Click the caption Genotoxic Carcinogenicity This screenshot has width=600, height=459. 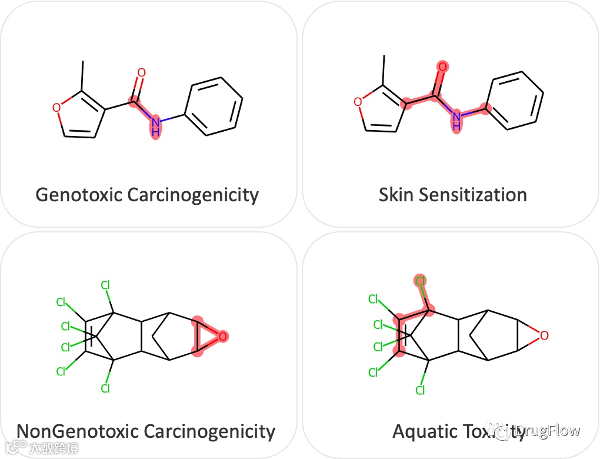coord(147,195)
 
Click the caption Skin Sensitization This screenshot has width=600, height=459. coord(452,195)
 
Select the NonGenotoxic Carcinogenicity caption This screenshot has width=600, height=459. coord(146,431)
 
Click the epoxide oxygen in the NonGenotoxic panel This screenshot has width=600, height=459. coord(222,337)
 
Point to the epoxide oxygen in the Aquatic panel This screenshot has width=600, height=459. coord(544,335)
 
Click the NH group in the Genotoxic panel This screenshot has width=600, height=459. coord(155,127)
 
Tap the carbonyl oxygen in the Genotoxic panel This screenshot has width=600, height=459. coord(141,73)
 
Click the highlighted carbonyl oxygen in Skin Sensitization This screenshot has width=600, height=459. coord(442,66)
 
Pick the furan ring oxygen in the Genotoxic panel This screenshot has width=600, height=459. coord(56,107)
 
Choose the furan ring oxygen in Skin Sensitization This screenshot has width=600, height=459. coord(358,102)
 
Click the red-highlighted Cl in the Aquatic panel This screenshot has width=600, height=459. coord(421,281)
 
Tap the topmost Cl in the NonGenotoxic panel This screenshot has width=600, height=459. coord(105,286)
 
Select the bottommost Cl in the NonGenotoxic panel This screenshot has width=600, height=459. coord(105,388)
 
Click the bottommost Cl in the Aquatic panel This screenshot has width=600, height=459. coord(420,390)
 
